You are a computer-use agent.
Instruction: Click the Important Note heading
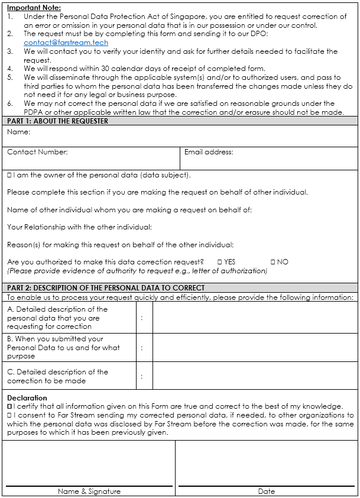click(34, 8)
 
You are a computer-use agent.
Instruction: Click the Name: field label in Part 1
click(18, 132)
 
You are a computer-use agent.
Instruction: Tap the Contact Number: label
click(37, 152)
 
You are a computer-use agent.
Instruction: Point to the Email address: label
click(209, 152)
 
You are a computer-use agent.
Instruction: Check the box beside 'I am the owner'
click(9, 175)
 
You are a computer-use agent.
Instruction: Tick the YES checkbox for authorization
click(219, 261)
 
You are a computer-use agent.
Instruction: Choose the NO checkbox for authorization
click(273, 261)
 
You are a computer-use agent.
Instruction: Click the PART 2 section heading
click(106, 288)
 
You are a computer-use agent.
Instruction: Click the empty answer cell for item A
click(255, 318)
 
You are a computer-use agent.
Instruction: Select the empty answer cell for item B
click(255, 347)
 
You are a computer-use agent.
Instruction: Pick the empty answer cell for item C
click(255, 376)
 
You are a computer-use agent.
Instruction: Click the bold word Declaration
click(27, 398)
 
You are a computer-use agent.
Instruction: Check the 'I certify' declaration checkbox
click(9, 406)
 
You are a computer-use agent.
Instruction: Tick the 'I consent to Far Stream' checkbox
click(9, 415)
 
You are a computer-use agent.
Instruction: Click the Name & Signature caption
click(89, 491)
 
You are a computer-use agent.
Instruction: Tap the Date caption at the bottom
click(266, 491)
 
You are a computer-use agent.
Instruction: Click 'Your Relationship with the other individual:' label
click(79, 227)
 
